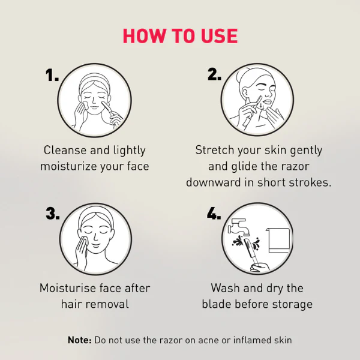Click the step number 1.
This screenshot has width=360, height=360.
click(52, 75)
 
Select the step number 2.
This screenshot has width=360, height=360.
click(214, 74)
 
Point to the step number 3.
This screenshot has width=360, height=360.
click(53, 213)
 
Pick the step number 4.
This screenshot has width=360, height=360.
click(214, 213)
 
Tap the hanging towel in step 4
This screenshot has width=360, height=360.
click(278, 240)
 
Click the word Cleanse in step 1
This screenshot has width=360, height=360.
click(65, 151)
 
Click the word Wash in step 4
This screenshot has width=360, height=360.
click(226, 288)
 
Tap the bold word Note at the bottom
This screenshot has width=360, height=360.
click(80, 340)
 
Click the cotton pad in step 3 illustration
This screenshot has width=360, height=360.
click(83, 241)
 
